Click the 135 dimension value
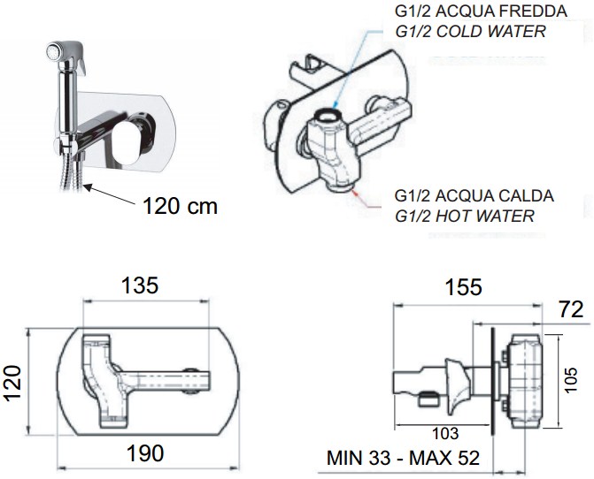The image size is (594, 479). click(139, 285)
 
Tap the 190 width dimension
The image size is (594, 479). click(145, 452)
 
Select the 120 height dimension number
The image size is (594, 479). click(12, 383)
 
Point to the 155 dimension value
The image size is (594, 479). click(463, 287)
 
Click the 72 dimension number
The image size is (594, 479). click(570, 310)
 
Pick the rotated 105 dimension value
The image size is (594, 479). click(570, 380)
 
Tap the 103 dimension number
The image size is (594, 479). click(445, 434)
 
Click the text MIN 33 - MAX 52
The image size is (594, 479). click(403, 458)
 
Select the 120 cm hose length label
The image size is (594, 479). click(180, 206)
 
